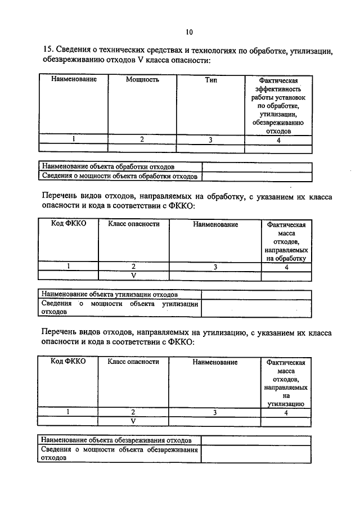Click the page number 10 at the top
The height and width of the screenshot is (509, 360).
(x=188, y=31)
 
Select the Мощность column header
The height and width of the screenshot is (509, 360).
(x=142, y=80)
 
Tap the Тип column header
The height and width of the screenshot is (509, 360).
(x=211, y=80)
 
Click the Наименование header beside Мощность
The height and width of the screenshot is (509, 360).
(x=74, y=80)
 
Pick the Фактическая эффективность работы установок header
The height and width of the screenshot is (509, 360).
(x=278, y=105)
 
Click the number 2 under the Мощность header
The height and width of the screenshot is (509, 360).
(x=142, y=140)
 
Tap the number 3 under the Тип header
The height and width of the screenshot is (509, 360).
(x=210, y=140)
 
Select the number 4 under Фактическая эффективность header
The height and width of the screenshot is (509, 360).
(x=278, y=140)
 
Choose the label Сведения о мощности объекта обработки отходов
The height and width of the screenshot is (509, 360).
(x=119, y=177)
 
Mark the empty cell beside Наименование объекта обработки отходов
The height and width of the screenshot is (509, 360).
(x=256, y=167)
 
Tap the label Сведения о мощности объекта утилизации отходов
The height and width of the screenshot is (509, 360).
(x=119, y=307)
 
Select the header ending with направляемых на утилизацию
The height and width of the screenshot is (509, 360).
(x=286, y=382)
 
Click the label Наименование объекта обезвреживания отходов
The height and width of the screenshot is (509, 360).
(x=117, y=440)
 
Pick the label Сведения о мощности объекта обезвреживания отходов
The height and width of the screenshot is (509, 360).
(x=119, y=453)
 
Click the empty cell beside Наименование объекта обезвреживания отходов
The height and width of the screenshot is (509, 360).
(x=256, y=440)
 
